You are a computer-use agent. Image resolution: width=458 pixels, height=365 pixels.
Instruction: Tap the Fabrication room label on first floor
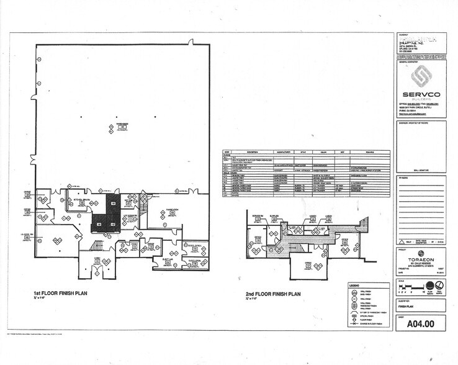pos(171,210)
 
